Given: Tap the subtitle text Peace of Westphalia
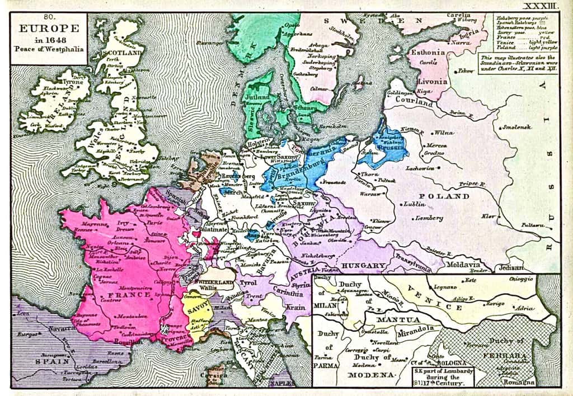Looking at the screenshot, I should pos(49,49).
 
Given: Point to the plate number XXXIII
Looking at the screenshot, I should pos(542,6).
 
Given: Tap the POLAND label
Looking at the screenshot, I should pos(449,197).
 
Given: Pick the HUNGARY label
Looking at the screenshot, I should pos(363,265).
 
